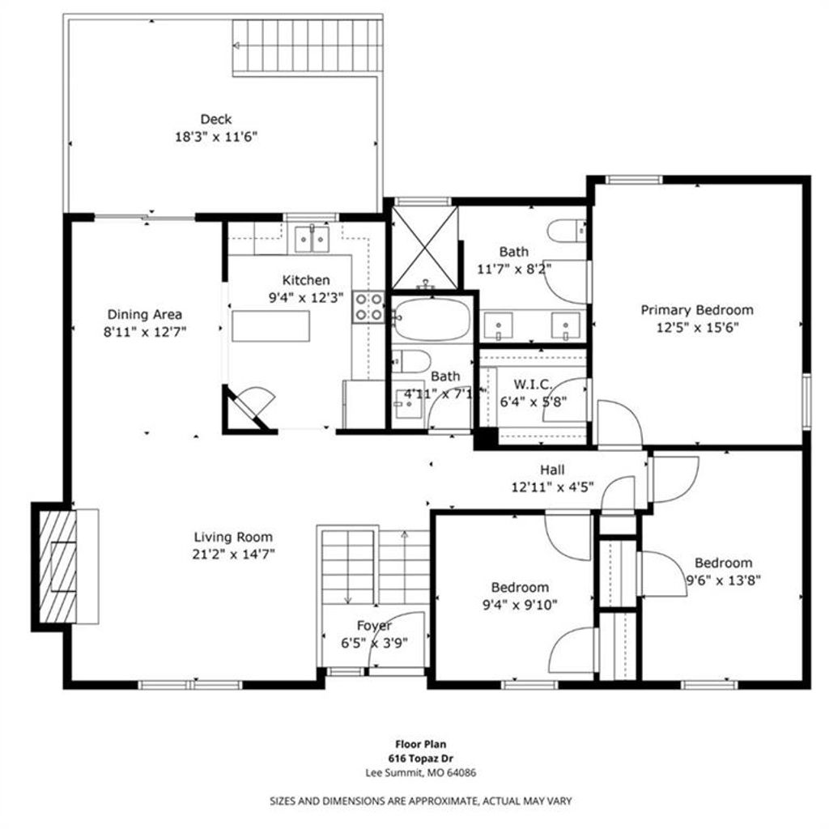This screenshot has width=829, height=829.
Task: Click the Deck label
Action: [x=215, y=120]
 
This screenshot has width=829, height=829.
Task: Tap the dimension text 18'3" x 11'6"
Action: [x=215, y=138]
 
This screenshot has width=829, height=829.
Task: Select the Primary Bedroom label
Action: [x=697, y=310]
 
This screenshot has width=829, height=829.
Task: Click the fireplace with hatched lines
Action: [x=57, y=567]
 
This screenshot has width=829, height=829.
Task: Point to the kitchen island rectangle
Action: [x=270, y=326]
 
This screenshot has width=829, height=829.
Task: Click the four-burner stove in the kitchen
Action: [x=368, y=307]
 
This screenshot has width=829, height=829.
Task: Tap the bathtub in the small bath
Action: [x=432, y=319]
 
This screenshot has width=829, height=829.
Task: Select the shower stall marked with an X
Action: [x=424, y=248]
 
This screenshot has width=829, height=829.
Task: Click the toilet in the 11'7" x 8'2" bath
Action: [x=567, y=231]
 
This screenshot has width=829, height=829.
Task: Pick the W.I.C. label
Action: [x=533, y=385]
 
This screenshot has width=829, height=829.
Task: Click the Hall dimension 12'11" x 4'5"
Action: [x=552, y=487]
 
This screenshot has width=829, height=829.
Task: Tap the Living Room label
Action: [x=233, y=538]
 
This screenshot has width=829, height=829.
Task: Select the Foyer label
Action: [x=374, y=626]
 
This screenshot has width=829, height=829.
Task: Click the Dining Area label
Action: [x=145, y=315]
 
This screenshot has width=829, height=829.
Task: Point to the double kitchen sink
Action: [x=312, y=239]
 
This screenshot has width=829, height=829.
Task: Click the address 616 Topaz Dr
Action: [x=421, y=758]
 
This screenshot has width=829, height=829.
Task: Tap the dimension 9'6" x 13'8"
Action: [x=723, y=580]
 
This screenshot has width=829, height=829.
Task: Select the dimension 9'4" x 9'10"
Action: [x=520, y=605]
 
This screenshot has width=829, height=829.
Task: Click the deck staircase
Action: [x=307, y=46]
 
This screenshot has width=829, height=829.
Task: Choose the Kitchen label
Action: [x=305, y=280]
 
